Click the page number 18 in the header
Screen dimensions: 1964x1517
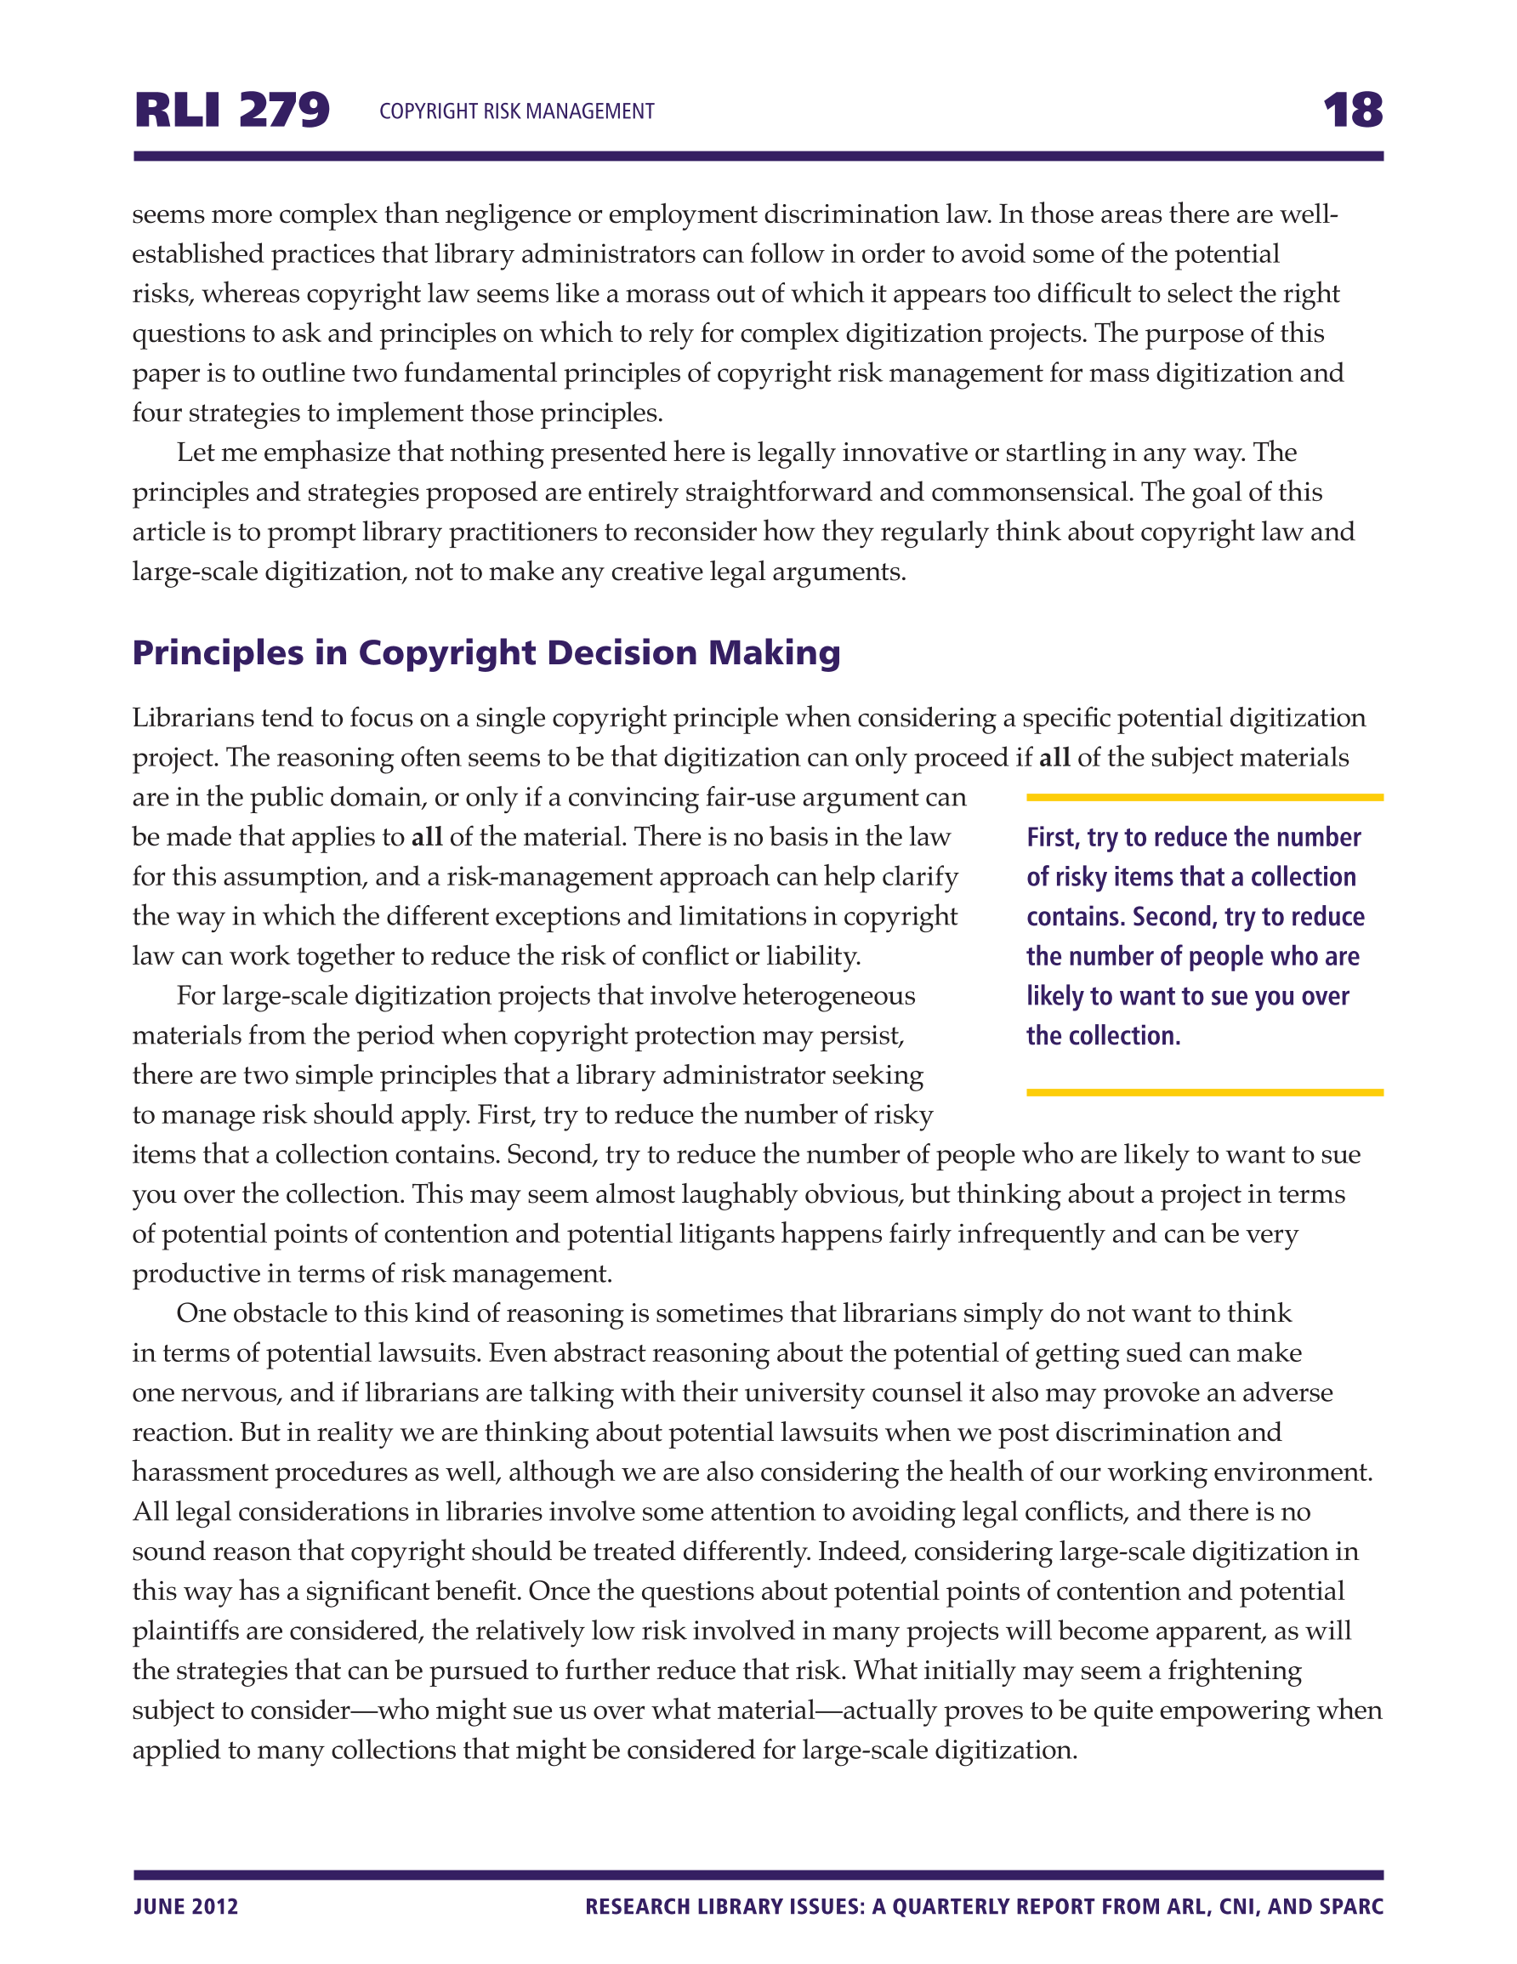[x=1351, y=111]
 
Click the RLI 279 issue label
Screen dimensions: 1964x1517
[x=232, y=111]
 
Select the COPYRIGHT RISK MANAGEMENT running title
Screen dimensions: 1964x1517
[x=516, y=111]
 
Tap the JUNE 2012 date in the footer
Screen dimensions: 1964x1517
[x=186, y=1906]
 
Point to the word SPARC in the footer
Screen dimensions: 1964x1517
[x=1351, y=1906]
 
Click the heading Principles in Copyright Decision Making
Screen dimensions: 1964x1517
[x=486, y=653]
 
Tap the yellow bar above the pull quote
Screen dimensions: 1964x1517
[x=1204, y=798]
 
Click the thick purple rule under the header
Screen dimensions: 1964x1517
[x=758, y=157]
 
